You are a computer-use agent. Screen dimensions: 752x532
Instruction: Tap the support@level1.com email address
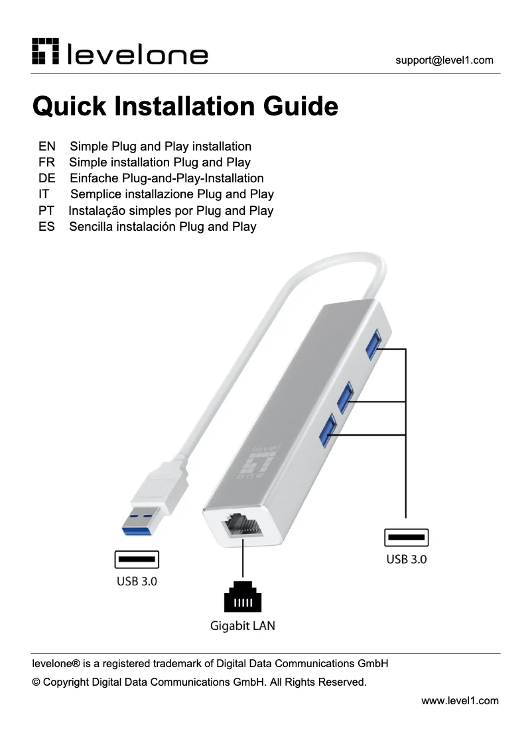(444, 60)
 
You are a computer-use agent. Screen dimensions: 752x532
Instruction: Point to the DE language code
(46, 178)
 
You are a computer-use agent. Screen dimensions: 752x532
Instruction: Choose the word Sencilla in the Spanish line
(92, 227)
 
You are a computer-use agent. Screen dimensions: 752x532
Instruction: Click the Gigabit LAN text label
(242, 625)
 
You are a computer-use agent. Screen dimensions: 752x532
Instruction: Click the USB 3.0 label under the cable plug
(137, 582)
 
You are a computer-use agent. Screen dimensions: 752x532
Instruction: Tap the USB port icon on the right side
(406, 537)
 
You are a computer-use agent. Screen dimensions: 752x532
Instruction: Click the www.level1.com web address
(460, 700)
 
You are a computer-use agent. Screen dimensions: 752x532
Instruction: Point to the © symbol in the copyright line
(36, 682)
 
